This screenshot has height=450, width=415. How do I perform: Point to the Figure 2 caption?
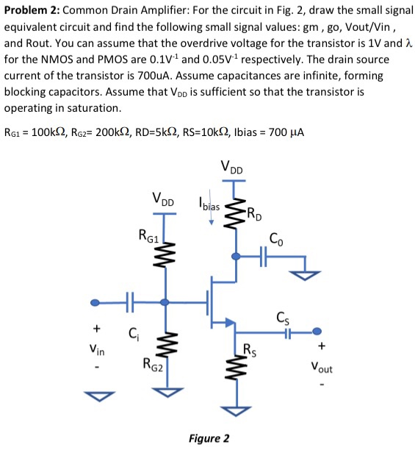(x=209, y=439)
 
